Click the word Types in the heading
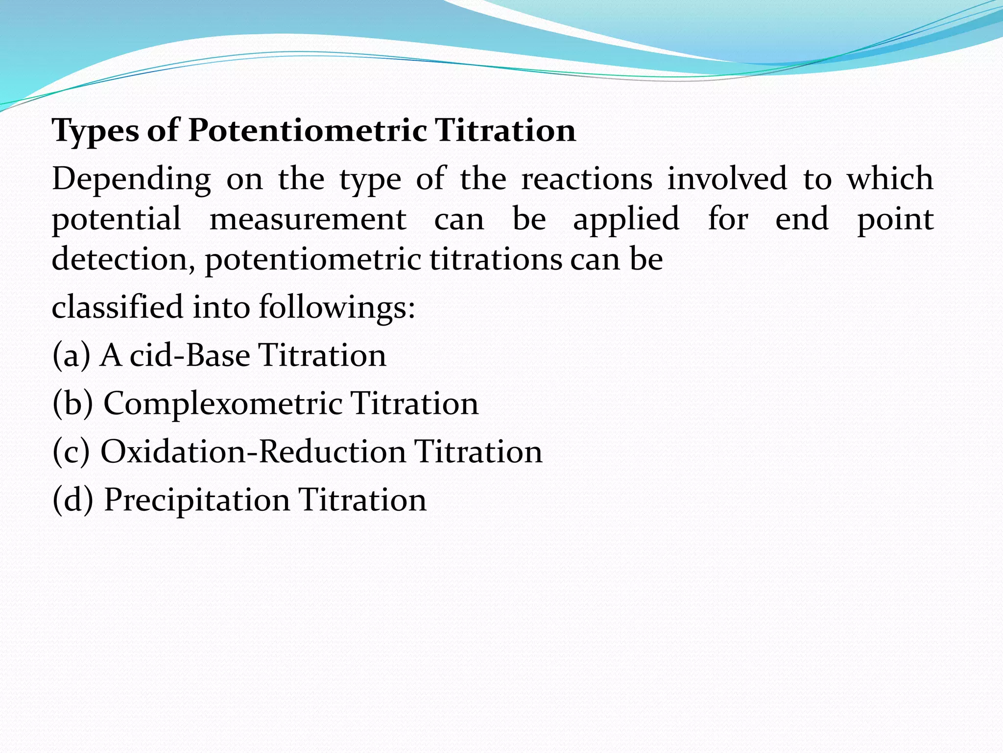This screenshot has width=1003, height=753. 96,131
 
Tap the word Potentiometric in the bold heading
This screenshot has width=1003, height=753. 307,131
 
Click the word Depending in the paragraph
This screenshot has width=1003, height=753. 131,179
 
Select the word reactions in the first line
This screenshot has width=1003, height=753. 587,178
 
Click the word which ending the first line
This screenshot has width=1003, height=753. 890,178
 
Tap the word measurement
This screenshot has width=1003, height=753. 308,219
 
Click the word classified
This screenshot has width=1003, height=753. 118,307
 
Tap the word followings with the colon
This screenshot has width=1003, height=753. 337,308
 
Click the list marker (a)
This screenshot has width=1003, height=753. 71,355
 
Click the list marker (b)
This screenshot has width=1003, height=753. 72,403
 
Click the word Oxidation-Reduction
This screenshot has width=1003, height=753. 253,452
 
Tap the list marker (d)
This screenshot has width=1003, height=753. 72,500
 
